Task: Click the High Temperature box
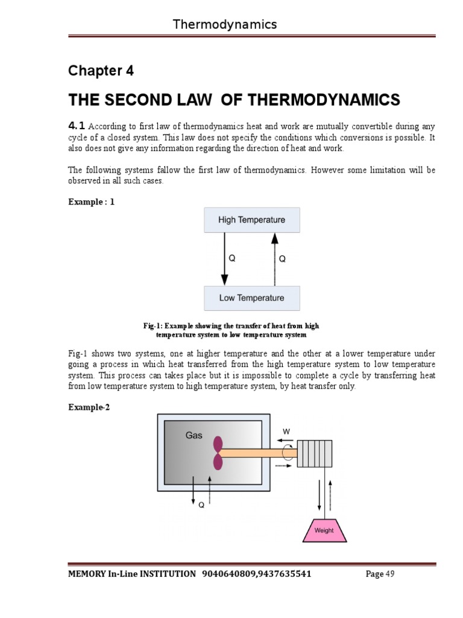251,220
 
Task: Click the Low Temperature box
251,298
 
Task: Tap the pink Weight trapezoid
324,529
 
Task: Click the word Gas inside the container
194,435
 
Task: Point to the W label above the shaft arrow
286,431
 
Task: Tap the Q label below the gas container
201,506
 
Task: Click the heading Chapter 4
101,71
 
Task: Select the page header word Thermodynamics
225,24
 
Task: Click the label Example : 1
91,202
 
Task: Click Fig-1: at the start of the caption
153,326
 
